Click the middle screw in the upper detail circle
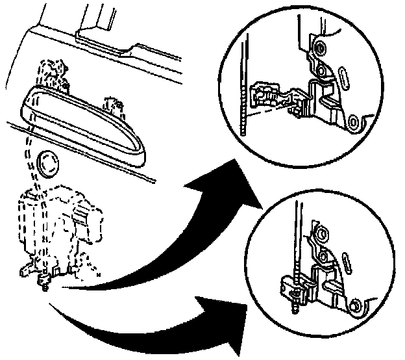[321, 69]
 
